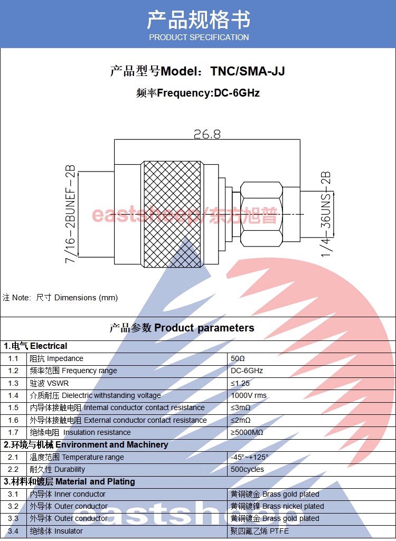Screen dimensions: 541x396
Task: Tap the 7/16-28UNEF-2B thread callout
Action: tap(70, 214)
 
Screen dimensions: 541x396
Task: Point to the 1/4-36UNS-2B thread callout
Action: tap(325, 214)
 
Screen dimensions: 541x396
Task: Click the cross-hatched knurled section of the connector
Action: tap(172, 214)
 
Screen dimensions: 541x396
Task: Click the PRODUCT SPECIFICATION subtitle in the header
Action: tap(199, 37)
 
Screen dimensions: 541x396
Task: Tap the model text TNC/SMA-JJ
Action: tap(248, 71)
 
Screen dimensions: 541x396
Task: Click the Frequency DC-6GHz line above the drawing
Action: tap(198, 93)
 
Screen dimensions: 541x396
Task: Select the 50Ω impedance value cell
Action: tap(238, 358)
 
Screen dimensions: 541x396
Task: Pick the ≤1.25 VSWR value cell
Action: tap(240, 383)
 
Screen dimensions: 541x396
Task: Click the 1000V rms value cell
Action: tap(249, 395)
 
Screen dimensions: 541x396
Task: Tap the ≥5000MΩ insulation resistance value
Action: tap(247, 432)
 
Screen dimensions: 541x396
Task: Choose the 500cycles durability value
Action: tap(247, 469)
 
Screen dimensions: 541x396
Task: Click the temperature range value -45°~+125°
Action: tap(250, 457)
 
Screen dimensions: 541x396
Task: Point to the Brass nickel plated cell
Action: tap(277, 506)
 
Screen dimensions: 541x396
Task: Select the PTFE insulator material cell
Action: tap(259, 531)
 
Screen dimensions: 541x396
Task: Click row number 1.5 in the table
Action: tap(13, 407)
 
